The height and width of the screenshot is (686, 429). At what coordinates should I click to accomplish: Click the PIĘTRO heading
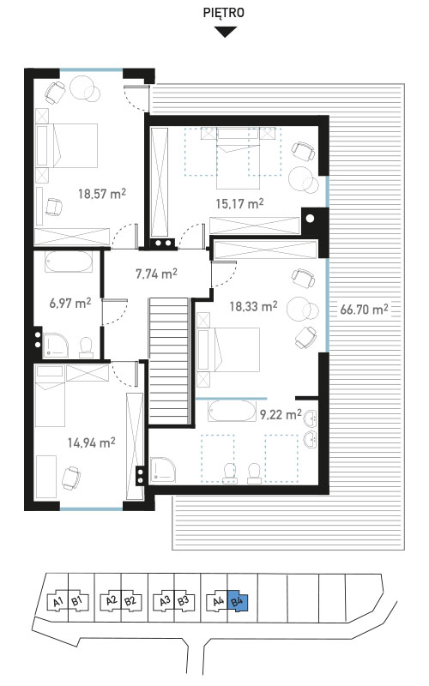tap(223, 13)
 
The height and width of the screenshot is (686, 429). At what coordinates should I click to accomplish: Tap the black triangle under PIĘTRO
tap(226, 32)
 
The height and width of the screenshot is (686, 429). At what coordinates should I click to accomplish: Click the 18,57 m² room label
tap(102, 194)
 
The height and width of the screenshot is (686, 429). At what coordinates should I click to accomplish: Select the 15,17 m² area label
tap(239, 203)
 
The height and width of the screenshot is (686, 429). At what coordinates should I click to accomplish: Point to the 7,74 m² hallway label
tap(156, 274)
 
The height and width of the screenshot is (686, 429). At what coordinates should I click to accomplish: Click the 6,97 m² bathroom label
tap(70, 303)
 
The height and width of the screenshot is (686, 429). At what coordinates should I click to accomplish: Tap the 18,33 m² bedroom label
tap(253, 306)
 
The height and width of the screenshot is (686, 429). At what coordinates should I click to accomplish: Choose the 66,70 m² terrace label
tap(364, 310)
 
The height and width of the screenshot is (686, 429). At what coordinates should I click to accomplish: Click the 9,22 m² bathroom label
tap(281, 414)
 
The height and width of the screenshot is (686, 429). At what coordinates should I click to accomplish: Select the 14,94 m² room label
tap(92, 442)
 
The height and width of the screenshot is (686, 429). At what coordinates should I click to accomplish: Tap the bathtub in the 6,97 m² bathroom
tap(69, 262)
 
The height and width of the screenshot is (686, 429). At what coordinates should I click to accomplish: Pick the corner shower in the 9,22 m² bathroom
tap(163, 470)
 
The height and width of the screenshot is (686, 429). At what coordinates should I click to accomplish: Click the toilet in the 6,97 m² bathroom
tap(87, 348)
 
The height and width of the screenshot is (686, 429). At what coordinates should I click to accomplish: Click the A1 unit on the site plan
tap(57, 602)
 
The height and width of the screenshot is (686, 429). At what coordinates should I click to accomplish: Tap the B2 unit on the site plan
tap(130, 601)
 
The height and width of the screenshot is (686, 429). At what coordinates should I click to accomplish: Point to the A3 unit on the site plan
tap(165, 601)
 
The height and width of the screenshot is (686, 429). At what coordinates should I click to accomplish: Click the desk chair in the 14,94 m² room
tap(71, 478)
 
